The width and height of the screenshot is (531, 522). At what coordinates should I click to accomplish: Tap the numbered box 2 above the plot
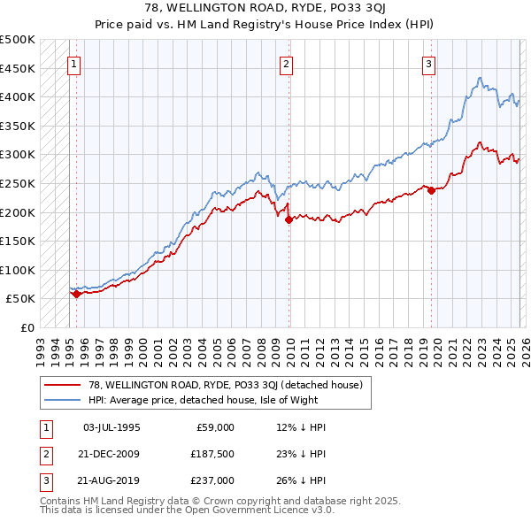(287, 64)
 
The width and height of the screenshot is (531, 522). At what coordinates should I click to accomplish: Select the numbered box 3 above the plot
(428, 64)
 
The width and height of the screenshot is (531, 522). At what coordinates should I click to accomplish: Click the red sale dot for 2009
(289, 220)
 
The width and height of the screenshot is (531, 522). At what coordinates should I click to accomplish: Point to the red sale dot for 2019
(431, 190)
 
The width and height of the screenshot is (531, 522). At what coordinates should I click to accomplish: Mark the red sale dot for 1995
(76, 294)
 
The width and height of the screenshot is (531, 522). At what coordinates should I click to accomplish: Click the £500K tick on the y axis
(18, 40)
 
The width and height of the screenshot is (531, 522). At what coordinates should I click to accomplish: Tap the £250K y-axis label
(18, 183)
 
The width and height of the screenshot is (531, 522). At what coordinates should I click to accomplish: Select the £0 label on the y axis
(27, 327)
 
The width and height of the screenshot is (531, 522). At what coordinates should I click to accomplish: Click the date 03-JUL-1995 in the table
(112, 427)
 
